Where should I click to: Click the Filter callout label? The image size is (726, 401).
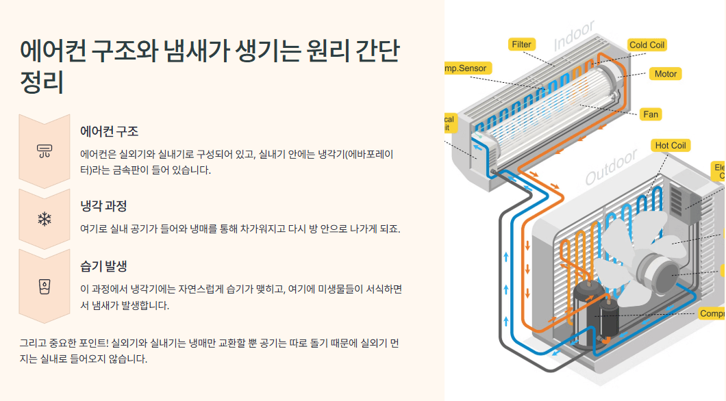point(522,44)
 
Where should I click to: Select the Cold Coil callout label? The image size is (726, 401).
point(647,45)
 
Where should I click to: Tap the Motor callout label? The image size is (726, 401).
point(665,74)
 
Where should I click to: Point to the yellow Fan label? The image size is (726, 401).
point(651,114)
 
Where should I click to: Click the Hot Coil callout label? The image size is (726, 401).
point(670,146)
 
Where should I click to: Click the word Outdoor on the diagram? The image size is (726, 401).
point(611,169)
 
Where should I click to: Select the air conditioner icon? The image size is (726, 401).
point(45,151)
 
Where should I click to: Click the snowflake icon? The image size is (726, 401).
point(45,219)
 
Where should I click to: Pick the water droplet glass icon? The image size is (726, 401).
point(45,286)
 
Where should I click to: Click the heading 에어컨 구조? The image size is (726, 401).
point(109,131)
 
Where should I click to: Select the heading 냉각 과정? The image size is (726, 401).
point(103,206)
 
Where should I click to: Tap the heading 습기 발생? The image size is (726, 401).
point(103,266)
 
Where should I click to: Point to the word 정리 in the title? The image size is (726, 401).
point(42,82)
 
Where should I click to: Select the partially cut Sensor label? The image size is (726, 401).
point(466,68)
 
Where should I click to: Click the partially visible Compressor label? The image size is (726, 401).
point(712,313)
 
